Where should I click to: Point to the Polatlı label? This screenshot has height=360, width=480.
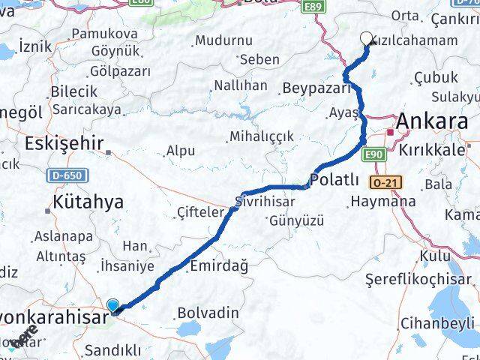tap(334, 180)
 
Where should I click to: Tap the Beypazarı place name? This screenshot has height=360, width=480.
tap(316, 88)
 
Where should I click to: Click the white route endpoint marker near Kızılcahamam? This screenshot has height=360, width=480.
tap(366, 39)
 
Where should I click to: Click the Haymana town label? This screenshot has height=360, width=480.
tap(383, 201)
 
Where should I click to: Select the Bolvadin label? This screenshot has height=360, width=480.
tap(208, 312)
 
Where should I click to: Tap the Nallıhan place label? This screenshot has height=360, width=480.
tap(240, 85)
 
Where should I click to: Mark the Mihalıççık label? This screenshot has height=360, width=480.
tap(262, 136)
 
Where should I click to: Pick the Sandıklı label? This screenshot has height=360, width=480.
tap(112, 349)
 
